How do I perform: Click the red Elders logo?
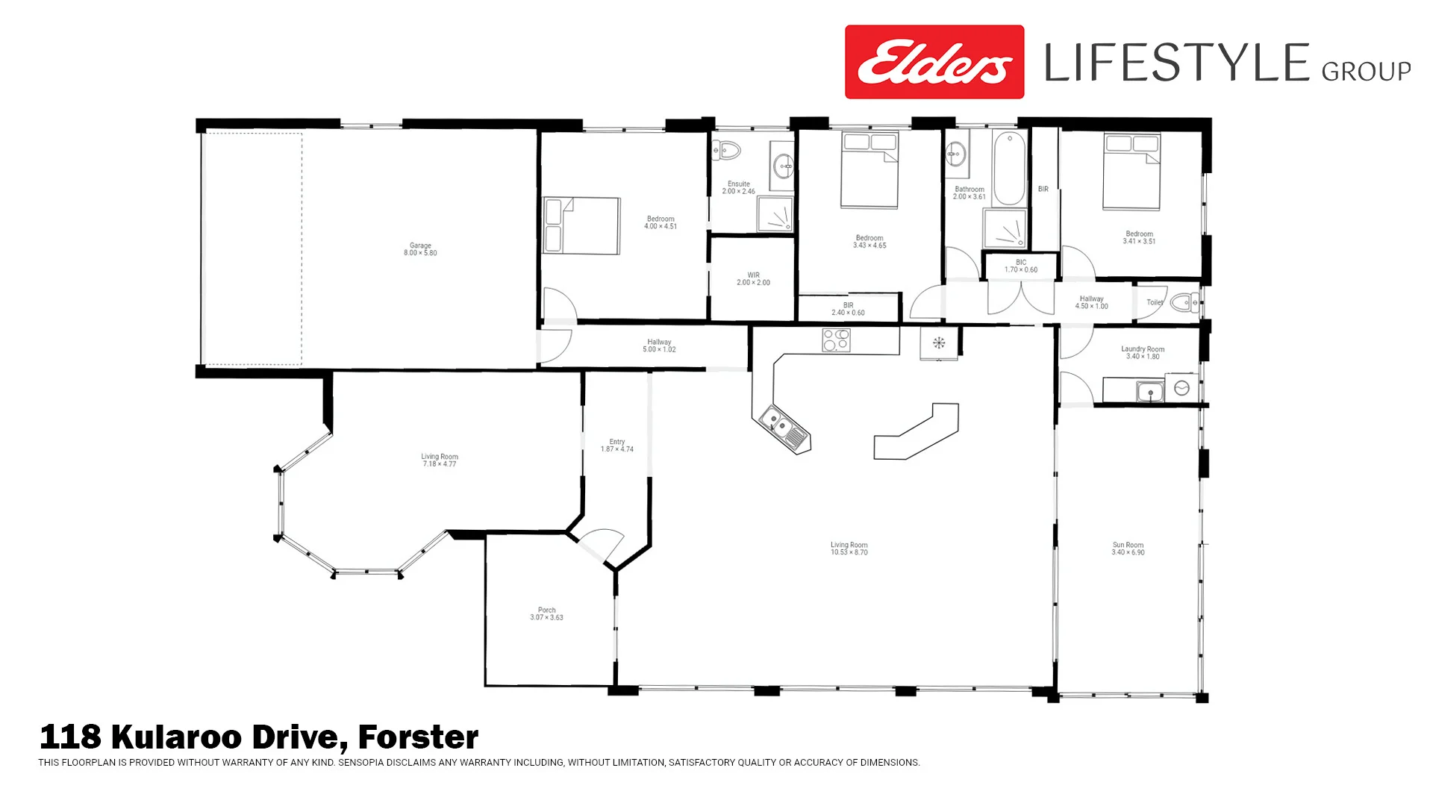tap(934, 62)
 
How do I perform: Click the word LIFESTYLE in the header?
tap(1176, 63)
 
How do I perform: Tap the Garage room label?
tap(420, 249)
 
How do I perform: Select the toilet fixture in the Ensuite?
tap(725, 151)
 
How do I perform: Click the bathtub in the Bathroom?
tap(1009, 169)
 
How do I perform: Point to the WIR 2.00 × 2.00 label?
tap(753, 279)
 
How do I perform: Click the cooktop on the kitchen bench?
tap(836, 340)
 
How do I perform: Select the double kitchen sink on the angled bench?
tap(784, 429)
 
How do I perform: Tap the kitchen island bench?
tap(917, 433)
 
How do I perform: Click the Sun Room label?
tap(1128, 549)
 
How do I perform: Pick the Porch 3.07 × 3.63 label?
tap(546, 613)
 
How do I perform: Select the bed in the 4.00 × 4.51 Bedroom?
tap(581, 225)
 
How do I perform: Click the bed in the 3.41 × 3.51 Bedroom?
tap(1131, 172)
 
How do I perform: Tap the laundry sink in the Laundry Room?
tap(1149, 391)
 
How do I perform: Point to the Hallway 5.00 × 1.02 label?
tap(659, 346)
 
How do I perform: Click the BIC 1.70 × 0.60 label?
tap(1020, 266)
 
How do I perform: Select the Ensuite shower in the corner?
tap(775, 215)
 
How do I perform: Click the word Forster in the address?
tap(418, 737)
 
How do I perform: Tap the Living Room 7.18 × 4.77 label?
tap(440, 460)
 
